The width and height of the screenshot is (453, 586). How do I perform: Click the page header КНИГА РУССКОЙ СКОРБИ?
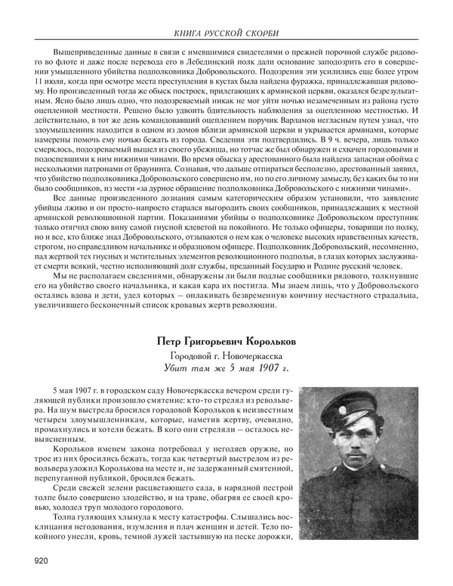[x=226, y=33]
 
